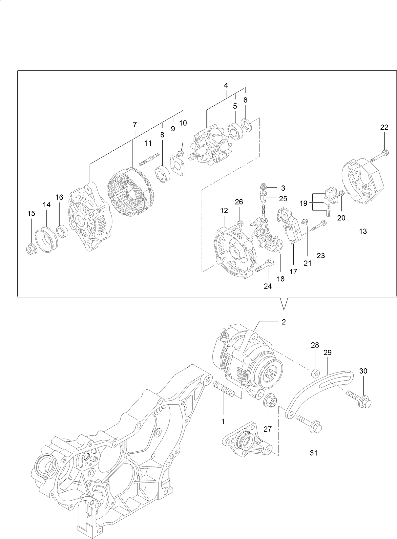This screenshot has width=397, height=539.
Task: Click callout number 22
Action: (384, 127)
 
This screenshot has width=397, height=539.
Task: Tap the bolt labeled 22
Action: (380, 156)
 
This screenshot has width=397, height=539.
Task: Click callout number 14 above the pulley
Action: (47, 205)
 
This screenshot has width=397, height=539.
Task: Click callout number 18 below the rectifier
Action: (281, 279)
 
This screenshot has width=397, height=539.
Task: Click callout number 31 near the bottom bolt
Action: (314, 453)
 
